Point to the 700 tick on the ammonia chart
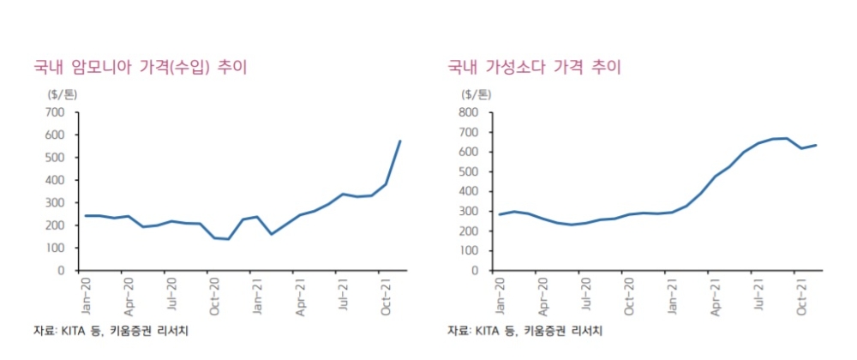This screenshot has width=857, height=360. click(54, 112)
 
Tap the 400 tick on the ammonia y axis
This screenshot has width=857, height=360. click(54, 180)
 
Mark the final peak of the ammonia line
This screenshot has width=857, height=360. click(400, 141)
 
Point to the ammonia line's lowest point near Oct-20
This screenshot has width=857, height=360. click(228, 239)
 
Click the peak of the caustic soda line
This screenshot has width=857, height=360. click(787, 138)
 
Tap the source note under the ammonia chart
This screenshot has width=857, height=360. click(111, 331)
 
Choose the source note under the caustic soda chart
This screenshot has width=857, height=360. click(524, 331)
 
